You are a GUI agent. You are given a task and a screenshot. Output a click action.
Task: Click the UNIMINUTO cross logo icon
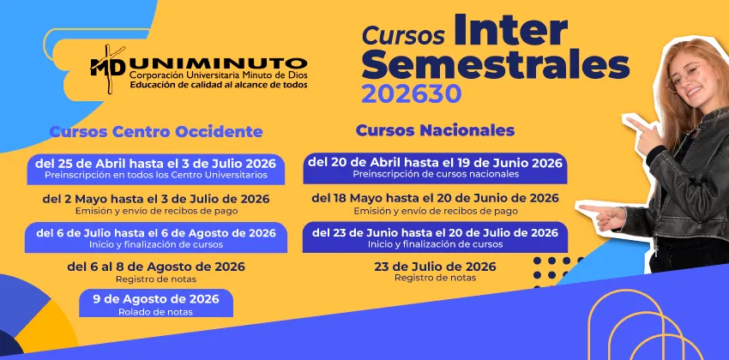click(108, 68)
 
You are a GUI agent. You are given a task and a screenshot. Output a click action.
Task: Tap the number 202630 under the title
click(411, 94)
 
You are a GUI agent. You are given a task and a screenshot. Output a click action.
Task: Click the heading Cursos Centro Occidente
click(156, 131)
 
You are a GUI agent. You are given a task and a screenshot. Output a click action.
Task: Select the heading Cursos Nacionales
click(435, 130)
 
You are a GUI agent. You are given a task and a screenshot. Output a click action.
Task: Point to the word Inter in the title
click(510, 31)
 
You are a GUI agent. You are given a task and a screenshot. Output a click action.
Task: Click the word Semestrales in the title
click(496, 65)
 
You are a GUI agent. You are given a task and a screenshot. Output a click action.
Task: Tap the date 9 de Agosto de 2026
click(156, 298)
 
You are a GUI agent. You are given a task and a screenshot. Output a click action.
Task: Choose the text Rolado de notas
click(156, 312)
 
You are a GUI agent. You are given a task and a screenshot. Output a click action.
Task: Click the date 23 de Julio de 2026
click(435, 267)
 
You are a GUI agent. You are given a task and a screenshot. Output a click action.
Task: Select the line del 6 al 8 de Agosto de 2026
click(156, 267)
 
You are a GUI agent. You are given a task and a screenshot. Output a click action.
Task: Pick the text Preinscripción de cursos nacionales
click(436, 174)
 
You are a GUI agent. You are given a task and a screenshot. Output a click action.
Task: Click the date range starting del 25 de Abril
click(156, 164)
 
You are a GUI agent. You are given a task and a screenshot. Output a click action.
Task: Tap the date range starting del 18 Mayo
click(435, 198)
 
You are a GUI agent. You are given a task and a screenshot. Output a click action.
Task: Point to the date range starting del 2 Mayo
click(156, 199)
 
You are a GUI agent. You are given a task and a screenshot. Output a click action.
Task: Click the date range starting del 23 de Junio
click(435, 233)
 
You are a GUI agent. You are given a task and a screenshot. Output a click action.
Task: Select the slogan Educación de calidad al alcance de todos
click(219, 85)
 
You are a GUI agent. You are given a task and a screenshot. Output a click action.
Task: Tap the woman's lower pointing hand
click(603, 217)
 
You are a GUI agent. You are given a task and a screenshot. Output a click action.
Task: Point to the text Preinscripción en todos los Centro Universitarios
click(156, 175)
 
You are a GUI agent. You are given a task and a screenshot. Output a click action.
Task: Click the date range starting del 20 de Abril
click(435, 163)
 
